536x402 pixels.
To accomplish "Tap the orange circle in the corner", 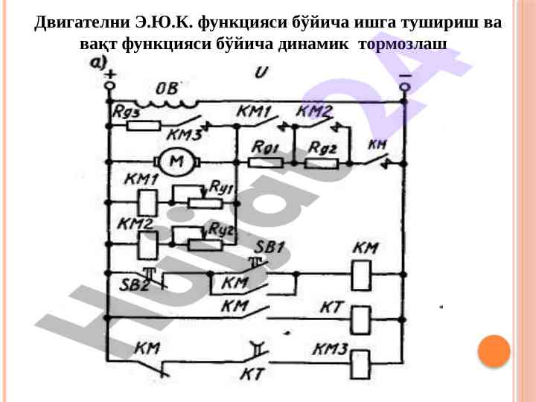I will pyautogui.click(x=494, y=351).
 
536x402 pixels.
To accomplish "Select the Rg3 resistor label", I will pyautogui.click(x=127, y=111).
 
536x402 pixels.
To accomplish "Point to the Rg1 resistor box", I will pyautogui.click(x=264, y=162).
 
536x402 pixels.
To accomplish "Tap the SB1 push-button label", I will pyautogui.click(x=270, y=248).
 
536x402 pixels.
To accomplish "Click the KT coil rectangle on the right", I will pyautogui.click(x=361, y=320).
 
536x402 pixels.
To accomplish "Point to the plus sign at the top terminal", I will pyautogui.click(x=110, y=74).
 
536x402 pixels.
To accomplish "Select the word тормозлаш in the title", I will pyautogui.click(x=403, y=43).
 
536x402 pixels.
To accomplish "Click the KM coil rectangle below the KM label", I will pyautogui.click(x=361, y=276).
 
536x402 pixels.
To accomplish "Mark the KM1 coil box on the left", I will pyautogui.click(x=146, y=200).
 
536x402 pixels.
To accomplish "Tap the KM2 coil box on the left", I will pyautogui.click(x=146, y=241).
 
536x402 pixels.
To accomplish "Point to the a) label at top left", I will pyautogui.click(x=100, y=62).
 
